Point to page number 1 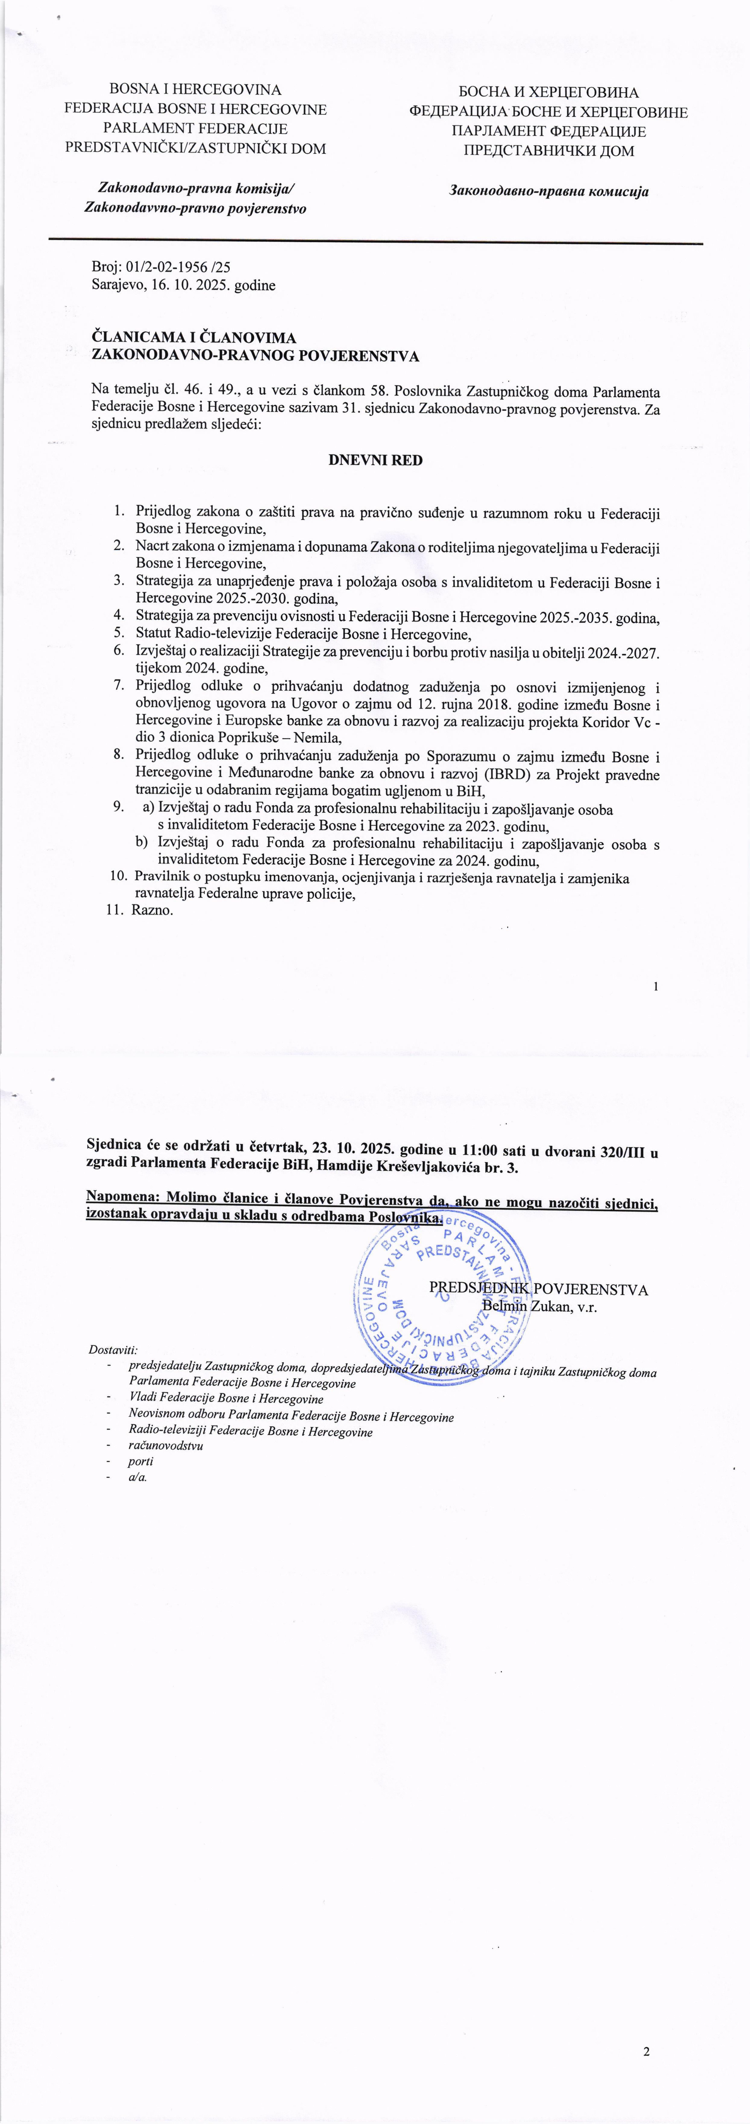(x=655, y=986)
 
